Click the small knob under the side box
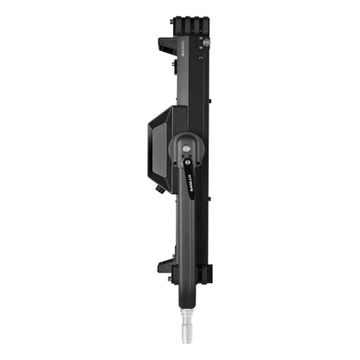point(160,187)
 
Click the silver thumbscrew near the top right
point(207,42)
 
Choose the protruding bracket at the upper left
point(168,44)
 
